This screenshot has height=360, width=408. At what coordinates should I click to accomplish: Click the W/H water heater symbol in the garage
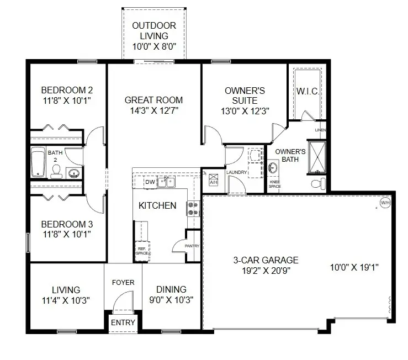coord(385,203)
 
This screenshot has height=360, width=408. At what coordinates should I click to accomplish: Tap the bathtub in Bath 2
coord(38,162)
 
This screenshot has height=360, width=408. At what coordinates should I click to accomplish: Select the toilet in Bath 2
coord(56,173)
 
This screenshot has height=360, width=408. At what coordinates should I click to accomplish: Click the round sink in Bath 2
coord(74,173)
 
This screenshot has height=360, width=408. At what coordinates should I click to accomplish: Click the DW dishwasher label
coord(150,182)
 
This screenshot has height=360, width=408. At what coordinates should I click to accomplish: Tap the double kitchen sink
coord(166,181)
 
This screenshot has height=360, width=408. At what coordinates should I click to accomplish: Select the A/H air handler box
coord(213,180)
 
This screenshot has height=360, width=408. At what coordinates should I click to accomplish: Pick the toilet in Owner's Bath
coord(317,182)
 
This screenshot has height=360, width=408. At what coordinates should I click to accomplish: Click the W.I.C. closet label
coord(308,91)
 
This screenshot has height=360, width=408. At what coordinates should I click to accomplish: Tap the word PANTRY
coord(192,246)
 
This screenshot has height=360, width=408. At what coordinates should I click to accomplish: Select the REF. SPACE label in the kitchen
coord(142,251)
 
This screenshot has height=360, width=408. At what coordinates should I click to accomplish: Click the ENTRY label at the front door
coord(123,322)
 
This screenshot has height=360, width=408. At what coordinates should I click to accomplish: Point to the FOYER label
coord(123,282)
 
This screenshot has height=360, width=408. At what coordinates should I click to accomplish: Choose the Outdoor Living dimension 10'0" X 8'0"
coord(154,47)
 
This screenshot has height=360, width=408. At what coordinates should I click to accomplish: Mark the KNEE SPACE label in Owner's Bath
coord(274,184)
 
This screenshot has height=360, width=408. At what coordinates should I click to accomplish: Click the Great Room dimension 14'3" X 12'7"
coord(153,110)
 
